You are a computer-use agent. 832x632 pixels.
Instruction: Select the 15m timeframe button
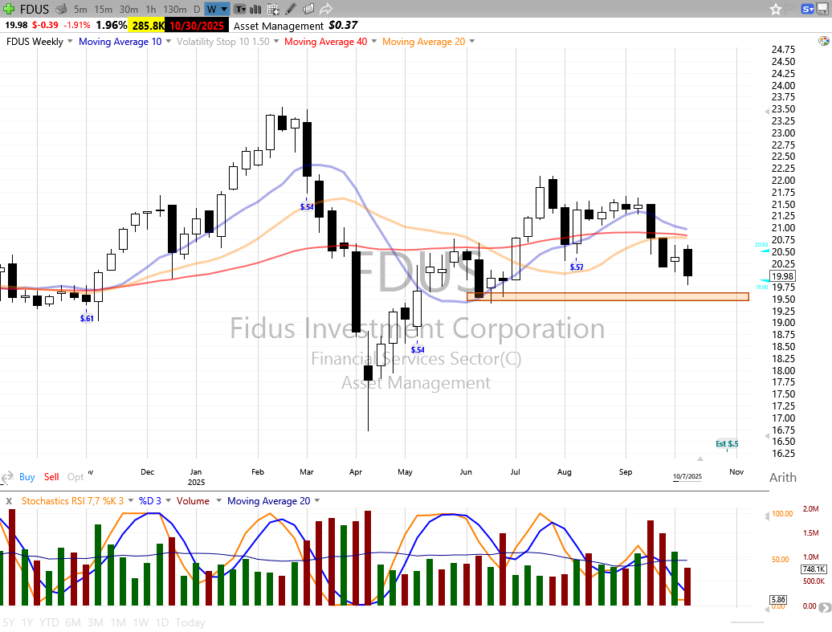(x=103, y=9)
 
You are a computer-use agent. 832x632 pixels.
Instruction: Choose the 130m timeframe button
(x=174, y=9)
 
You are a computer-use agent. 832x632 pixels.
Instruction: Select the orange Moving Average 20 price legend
(x=423, y=42)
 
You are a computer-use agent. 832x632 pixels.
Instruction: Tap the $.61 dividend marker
(x=87, y=319)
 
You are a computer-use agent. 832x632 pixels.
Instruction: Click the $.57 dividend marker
(x=576, y=267)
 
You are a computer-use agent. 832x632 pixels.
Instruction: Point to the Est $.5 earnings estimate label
(x=727, y=444)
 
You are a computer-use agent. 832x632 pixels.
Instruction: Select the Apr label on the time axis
(x=355, y=472)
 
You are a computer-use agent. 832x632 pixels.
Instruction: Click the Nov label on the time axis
(x=736, y=472)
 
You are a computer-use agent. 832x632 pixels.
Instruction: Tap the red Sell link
(x=51, y=477)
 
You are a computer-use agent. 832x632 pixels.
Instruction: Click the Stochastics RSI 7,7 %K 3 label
(x=71, y=501)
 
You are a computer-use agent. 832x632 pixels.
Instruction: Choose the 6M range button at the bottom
(x=73, y=622)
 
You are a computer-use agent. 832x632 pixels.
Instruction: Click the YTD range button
(x=50, y=622)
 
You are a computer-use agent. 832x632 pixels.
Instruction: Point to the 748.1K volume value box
(x=814, y=569)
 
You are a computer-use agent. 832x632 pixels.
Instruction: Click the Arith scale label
(x=783, y=478)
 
